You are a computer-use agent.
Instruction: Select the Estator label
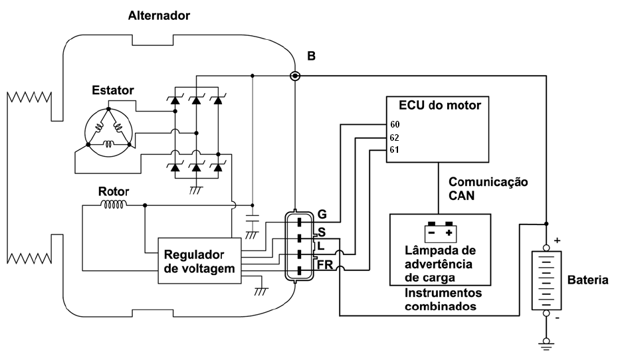coord(113,90)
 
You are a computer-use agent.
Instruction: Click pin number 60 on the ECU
coord(395,124)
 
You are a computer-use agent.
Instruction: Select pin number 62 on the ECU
coord(395,137)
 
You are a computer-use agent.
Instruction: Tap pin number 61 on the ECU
coord(395,150)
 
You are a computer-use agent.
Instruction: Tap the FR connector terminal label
coord(325,264)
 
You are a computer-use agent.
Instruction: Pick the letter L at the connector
coord(320,246)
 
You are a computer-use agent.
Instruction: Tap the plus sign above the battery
coord(558,240)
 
